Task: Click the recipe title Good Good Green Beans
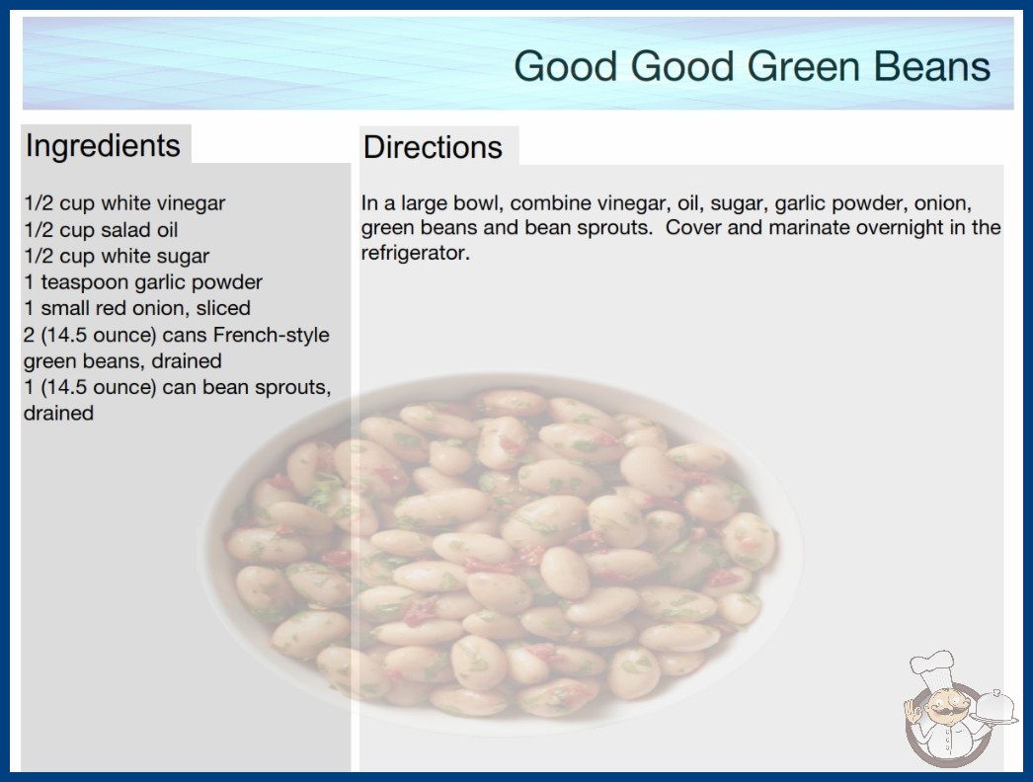(x=752, y=66)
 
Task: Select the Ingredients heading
(x=103, y=146)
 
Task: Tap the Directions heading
(x=433, y=147)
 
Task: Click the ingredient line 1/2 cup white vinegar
(x=124, y=203)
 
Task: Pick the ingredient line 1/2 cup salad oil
(x=101, y=230)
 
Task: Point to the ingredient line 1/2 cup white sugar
(x=117, y=256)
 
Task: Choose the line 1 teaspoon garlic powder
(x=143, y=282)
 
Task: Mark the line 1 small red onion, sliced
(x=137, y=308)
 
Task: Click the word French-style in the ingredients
(x=271, y=336)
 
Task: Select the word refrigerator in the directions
(x=415, y=253)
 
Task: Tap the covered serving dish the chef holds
(x=994, y=707)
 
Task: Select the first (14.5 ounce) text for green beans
(x=98, y=336)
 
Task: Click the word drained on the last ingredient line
(x=58, y=413)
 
